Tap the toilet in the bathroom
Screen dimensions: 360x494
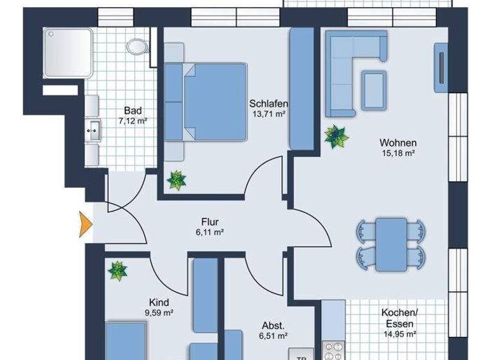click(x=136, y=46)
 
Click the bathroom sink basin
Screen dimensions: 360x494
click(x=93, y=131)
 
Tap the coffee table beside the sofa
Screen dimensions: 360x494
click(x=374, y=89)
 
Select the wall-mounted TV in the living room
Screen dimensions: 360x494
click(x=442, y=64)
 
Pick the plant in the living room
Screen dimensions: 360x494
click(x=335, y=136)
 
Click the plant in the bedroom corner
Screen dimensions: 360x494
click(x=176, y=180)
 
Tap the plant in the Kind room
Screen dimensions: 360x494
click(x=117, y=271)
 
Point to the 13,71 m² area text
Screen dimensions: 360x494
click(x=269, y=114)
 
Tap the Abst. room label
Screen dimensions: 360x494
click(x=273, y=325)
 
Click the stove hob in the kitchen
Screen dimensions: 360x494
click(x=333, y=351)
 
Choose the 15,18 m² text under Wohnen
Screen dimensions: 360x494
click(x=398, y=154)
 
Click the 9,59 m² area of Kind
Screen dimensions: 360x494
click(x=159, y=313)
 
